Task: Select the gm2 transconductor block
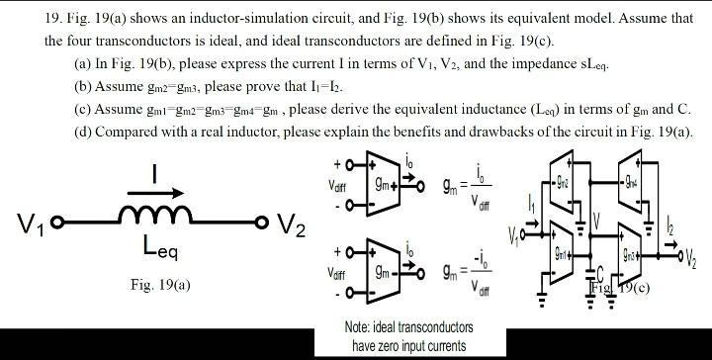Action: pos(563,185)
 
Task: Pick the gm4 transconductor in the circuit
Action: pos(631,185)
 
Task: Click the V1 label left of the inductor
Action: pos(24,221)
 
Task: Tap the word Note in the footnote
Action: pos(359,326)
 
